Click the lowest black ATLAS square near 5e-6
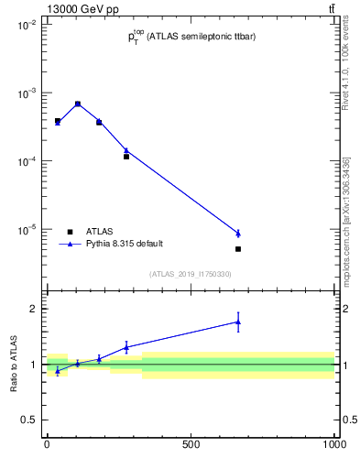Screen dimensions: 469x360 (x=238, y=249)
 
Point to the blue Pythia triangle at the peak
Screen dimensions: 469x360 (x=78, y=104)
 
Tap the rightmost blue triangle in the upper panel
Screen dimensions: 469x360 (x=238, y=234)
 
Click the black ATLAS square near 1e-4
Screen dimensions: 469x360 (x=126, y=157)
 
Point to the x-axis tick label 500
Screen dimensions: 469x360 (x=191, y=444)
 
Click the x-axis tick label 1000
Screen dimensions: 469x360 (x=333, y=444)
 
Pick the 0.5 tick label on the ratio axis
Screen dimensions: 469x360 (x=28, y=420)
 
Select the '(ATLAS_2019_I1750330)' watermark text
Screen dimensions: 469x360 (x=190, y=274)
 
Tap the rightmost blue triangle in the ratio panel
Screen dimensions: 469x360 (x=238, y=322)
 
